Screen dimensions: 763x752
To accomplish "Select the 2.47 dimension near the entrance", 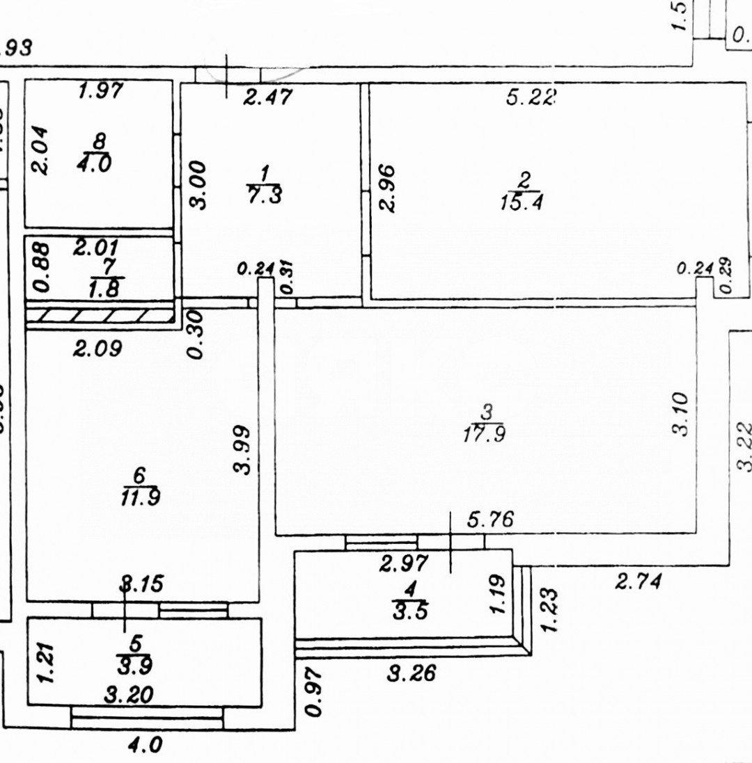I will tap(267, 97).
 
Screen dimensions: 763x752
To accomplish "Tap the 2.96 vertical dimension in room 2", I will tap(386, 188).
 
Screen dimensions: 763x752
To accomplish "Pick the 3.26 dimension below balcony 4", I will tap(412, 673).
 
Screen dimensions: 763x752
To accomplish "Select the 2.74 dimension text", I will tap(636, 580).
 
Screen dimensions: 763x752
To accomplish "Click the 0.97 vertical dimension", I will tap(314, 692).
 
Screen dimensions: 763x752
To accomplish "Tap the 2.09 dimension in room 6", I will tap(97, 347).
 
